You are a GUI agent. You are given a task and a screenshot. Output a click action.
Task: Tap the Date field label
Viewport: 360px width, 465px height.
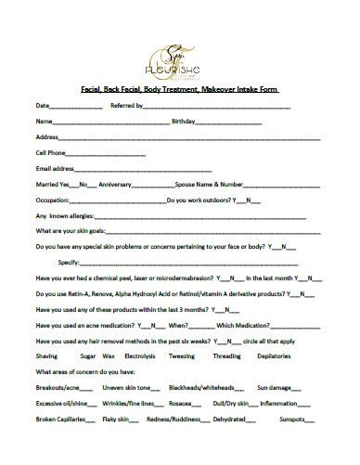(41, 106)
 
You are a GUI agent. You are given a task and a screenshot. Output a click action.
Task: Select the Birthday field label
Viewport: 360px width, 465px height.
(183, 122)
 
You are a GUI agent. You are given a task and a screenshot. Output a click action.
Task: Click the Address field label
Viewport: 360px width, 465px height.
(46, 136)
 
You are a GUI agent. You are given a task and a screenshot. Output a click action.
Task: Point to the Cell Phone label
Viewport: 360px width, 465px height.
(50, 152)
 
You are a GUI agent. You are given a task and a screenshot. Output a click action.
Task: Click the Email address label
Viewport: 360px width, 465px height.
(54, 169)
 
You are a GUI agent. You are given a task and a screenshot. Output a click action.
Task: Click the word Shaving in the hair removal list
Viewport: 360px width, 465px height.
(45, 355)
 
